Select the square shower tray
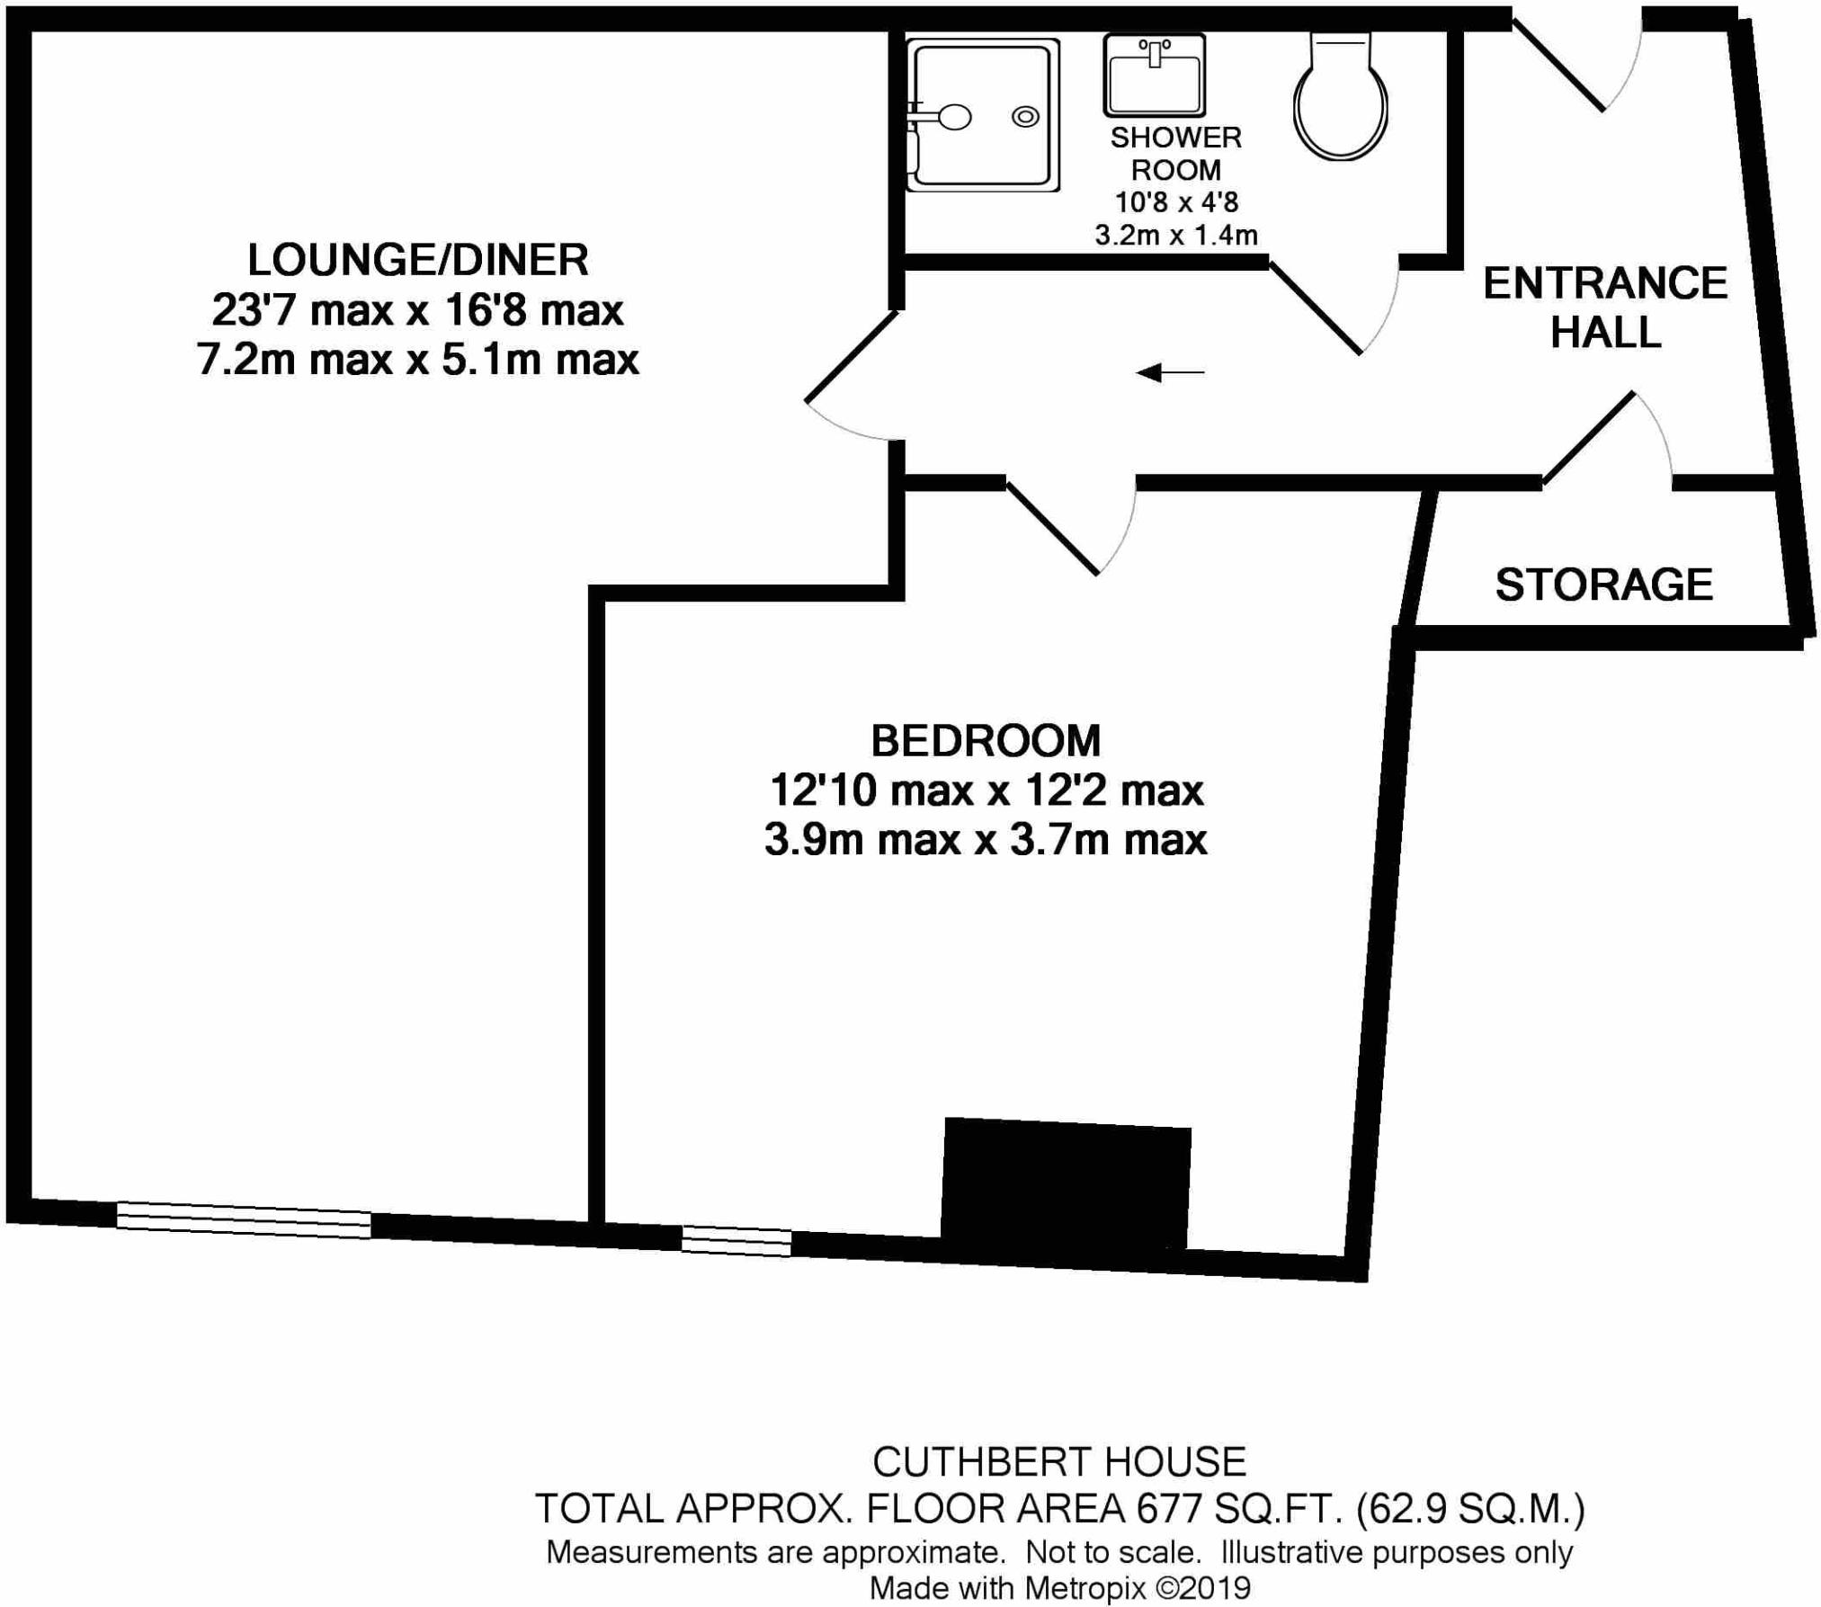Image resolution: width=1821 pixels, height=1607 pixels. [982, 115]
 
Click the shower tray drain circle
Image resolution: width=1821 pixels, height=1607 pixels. [1025, 116]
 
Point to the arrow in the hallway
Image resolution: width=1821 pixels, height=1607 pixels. [1170, 372]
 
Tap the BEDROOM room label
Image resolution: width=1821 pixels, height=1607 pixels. [986, 741]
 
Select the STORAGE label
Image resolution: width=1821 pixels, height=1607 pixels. [1603, 585]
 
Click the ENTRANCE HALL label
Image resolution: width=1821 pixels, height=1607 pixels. [1605, 308]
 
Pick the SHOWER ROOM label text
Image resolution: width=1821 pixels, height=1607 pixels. [1175, 154]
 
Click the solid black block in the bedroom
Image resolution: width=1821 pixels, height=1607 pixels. [1067, 1185]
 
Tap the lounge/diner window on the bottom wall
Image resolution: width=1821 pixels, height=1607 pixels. [244, 1220]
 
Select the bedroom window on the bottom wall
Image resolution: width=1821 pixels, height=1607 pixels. [736, 1241]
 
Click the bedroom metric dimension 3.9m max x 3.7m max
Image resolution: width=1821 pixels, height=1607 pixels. [986, 840]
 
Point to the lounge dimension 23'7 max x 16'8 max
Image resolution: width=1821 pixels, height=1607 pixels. [418, 311]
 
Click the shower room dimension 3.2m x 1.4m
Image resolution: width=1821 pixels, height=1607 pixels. [1175, 236]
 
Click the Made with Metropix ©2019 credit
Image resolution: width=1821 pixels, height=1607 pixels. [1059, 1588]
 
